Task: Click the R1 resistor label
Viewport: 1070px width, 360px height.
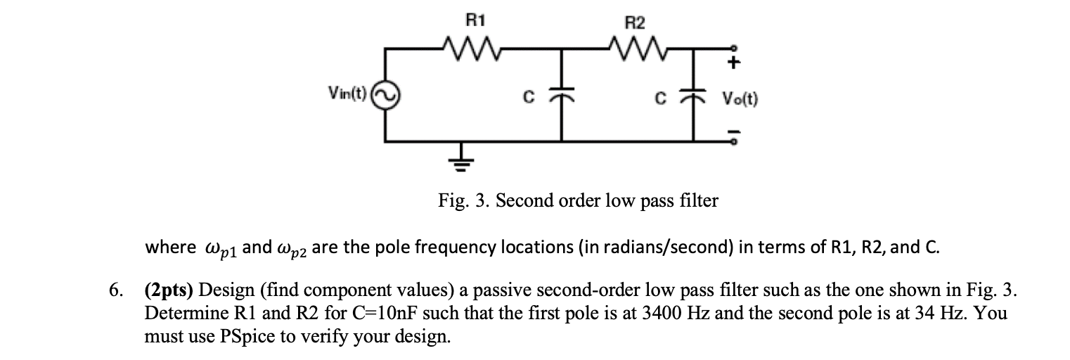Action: click(x=476, y=20)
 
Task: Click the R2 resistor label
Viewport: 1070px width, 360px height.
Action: click(x=635, y=22)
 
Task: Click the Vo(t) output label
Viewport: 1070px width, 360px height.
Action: click(x=739, y=99)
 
